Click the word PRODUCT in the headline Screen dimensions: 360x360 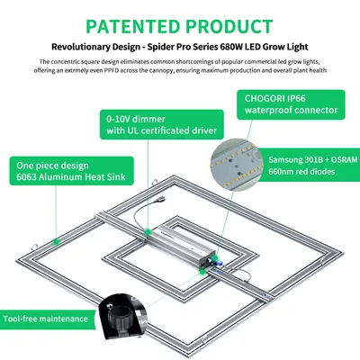[x=229, y=26]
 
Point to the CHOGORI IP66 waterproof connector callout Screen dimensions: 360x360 [x=291, y=104]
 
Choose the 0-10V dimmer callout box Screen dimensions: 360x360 [x=162, y=124]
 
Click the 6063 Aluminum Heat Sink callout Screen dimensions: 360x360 [x=71, y=171]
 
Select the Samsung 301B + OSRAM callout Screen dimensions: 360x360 [x=309, y=165]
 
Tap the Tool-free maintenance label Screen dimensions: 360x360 [x=46, y=319]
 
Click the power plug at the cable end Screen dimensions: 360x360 [x=161, y=199]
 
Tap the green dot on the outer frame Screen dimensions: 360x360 [x=56, y=241]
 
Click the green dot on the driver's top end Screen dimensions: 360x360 [x=148, y=231]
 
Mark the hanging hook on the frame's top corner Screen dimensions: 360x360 [x=155, y=182]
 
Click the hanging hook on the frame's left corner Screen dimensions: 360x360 [x=33, y=247]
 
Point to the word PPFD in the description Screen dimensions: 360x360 [x=111, y=71]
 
